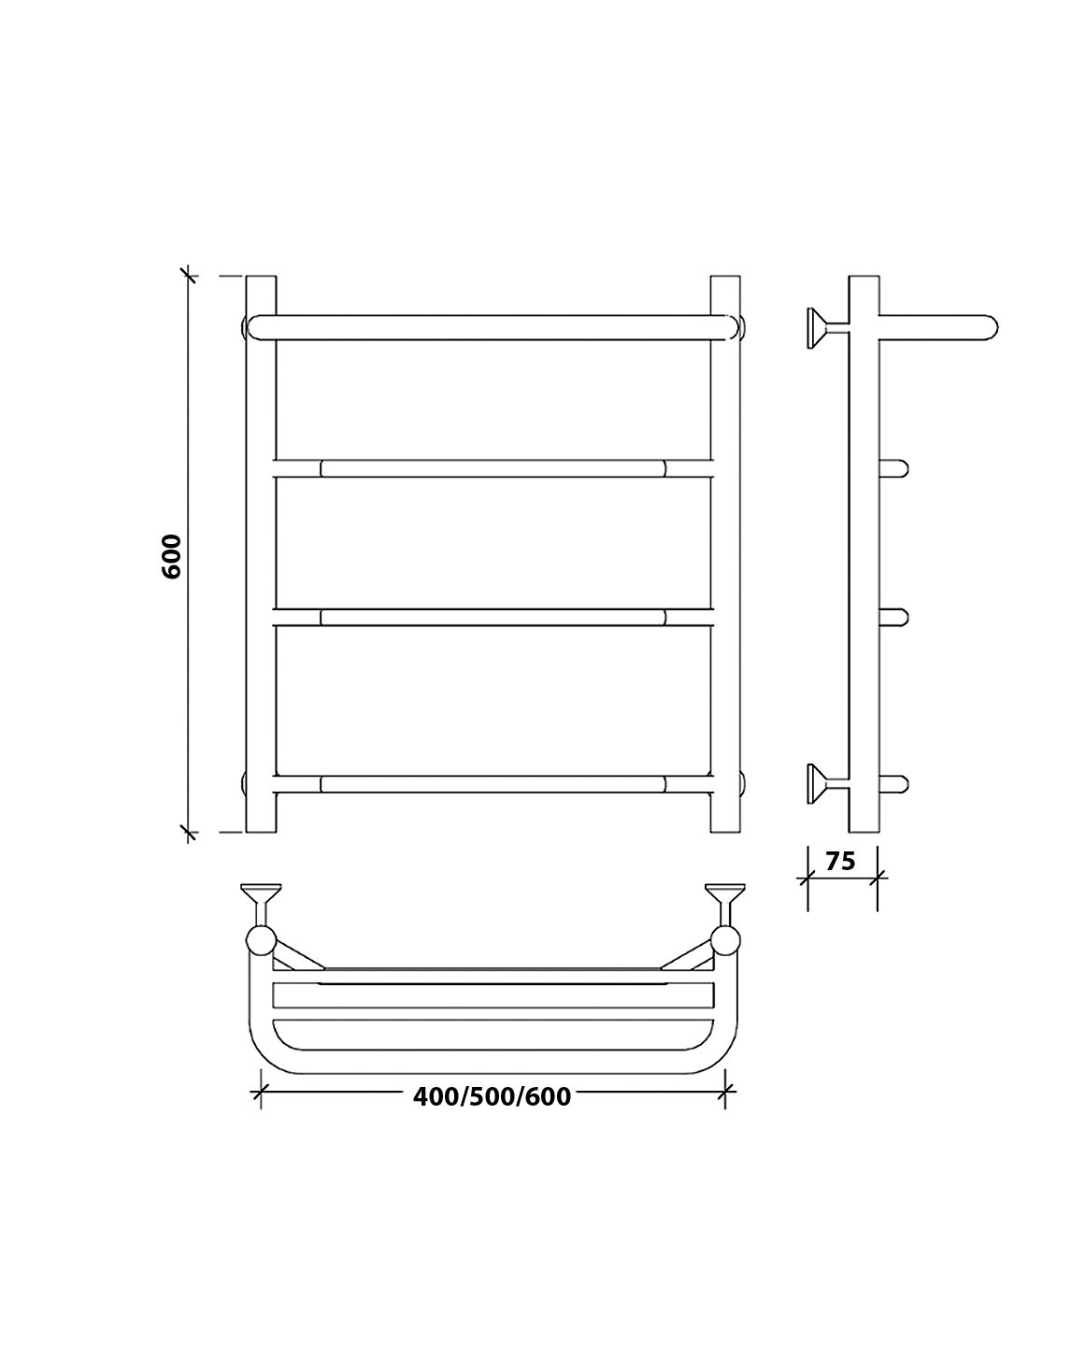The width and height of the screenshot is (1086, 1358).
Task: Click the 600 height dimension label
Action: pos(172,556)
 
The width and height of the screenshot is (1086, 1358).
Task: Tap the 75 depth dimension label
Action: pos(840,861)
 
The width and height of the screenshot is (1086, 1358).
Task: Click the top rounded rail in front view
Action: pos(493,327)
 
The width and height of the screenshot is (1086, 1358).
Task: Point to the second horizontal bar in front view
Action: pos(493,468)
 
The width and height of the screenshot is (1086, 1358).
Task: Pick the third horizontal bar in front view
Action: pos(493,617)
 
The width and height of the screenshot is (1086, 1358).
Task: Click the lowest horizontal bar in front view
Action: pos(493,784)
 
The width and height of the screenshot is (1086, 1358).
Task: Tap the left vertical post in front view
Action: pos(261,554)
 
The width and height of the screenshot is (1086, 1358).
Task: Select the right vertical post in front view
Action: pos(725,554)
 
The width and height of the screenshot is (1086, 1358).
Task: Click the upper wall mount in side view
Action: pos(827,328)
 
